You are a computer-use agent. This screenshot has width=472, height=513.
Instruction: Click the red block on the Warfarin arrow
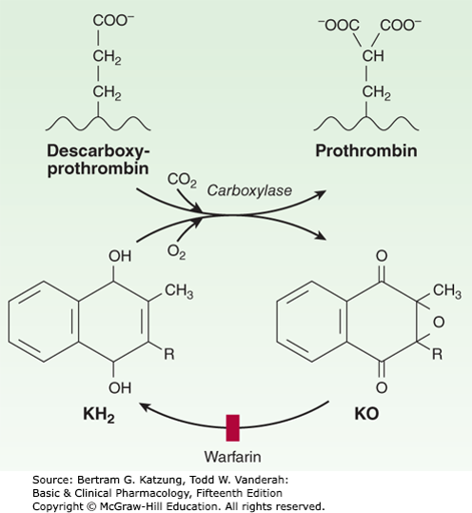coord(232,428)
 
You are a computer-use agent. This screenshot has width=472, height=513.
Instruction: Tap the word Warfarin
coord(232,457)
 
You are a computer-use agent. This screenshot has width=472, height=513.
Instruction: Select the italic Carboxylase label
coord(249,190)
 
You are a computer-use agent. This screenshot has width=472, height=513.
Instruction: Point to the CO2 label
coord(182,180)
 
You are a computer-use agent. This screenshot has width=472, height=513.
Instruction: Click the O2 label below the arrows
coord(176,252)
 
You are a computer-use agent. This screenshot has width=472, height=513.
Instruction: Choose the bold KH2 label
coord(98,415)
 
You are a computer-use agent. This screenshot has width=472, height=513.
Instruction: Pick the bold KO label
coord(366,414)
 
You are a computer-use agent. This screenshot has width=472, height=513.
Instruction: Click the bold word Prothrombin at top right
coord(366,150)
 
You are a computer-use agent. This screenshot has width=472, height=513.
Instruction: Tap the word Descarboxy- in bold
coord(98,150)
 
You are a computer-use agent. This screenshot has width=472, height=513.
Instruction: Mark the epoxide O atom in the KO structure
coord(439,322)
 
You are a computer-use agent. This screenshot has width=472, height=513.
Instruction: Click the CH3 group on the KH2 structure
coord(179,291)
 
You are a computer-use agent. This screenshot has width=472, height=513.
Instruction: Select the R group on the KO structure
coord(437,354)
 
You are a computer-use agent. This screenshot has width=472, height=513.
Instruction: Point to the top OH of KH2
coord(120,256)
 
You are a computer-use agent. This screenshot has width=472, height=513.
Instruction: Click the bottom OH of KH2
coord(120,387)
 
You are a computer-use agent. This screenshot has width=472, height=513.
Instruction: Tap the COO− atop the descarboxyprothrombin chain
coord(113,20)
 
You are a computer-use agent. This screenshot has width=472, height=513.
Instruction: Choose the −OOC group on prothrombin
coord(339,25)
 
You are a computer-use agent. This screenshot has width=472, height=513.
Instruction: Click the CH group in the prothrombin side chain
coord(373,56)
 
